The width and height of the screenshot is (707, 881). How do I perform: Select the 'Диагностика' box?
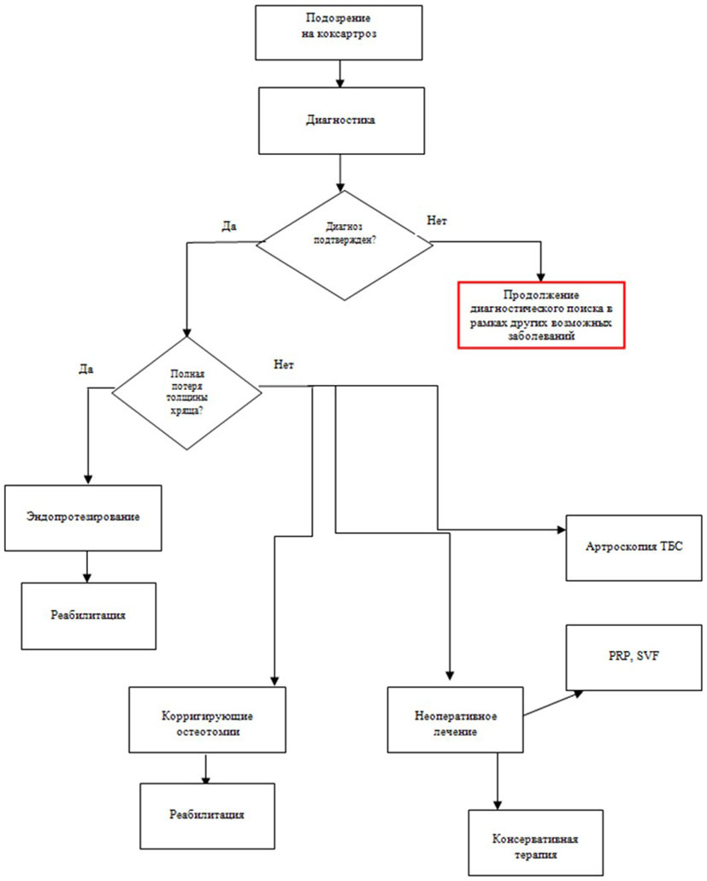[x=341, y=120]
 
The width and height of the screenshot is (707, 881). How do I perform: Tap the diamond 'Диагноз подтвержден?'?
[x=345, y=245]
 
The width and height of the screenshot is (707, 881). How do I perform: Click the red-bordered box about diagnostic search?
[x=540, y=315]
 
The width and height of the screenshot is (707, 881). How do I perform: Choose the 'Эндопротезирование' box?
[x=83, y=517]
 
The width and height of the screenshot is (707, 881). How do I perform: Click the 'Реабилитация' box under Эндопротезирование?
[x=89, y=615]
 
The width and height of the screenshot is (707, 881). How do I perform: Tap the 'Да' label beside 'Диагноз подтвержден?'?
[x=228, y=227]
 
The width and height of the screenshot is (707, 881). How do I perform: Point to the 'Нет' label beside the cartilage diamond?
[x=284, y=364]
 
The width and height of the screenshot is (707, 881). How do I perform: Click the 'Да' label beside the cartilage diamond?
[x=85, y=370]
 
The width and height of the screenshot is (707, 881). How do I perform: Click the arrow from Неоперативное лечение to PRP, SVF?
[x=554, y=704]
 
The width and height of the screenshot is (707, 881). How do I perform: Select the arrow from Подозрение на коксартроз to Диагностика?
[x=341, y=74]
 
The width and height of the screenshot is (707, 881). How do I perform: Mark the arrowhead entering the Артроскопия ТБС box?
[x=560, y=530]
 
